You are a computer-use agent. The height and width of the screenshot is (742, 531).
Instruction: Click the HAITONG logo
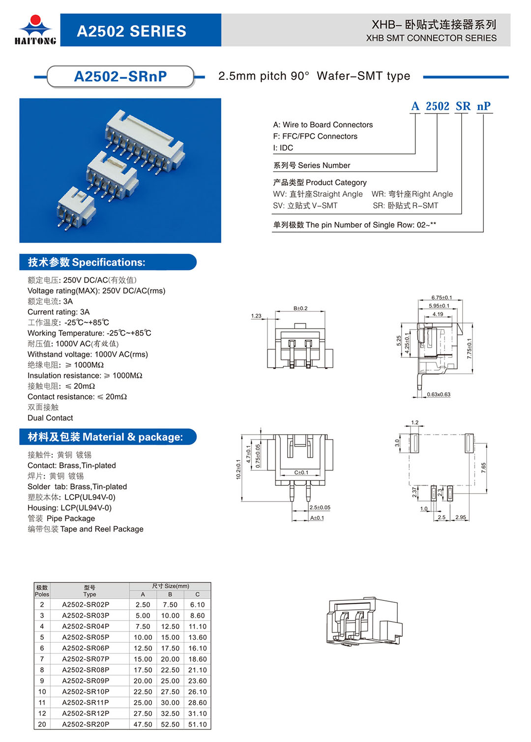35,30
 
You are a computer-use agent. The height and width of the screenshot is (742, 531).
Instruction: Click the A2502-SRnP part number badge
120,77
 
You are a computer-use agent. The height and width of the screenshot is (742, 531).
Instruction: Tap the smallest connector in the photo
75,208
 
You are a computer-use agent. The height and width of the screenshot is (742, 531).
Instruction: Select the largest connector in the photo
145,138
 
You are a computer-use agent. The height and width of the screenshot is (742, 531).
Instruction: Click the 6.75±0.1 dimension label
442,297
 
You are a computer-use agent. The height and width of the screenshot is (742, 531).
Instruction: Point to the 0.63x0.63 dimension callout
439,394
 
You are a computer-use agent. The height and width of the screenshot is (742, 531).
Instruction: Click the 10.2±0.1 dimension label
238,469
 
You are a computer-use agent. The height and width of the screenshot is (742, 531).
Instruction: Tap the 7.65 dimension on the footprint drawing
484,468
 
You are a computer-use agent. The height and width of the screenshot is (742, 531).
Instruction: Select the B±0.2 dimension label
300,308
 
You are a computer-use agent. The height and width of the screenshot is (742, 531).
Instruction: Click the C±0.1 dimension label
301,473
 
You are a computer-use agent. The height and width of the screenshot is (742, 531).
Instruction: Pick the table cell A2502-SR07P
86,659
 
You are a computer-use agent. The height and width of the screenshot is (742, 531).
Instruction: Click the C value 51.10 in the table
197,724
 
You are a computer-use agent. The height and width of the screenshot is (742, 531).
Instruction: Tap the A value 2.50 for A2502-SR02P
143,605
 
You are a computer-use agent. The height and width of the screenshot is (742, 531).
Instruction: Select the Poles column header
42,591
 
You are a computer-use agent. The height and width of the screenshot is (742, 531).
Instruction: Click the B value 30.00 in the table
170,703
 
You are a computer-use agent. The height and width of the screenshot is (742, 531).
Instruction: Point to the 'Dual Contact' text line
50,418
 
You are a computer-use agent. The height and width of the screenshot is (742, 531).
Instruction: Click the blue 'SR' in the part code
463,106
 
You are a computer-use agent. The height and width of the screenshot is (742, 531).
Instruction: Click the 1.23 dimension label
256,316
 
